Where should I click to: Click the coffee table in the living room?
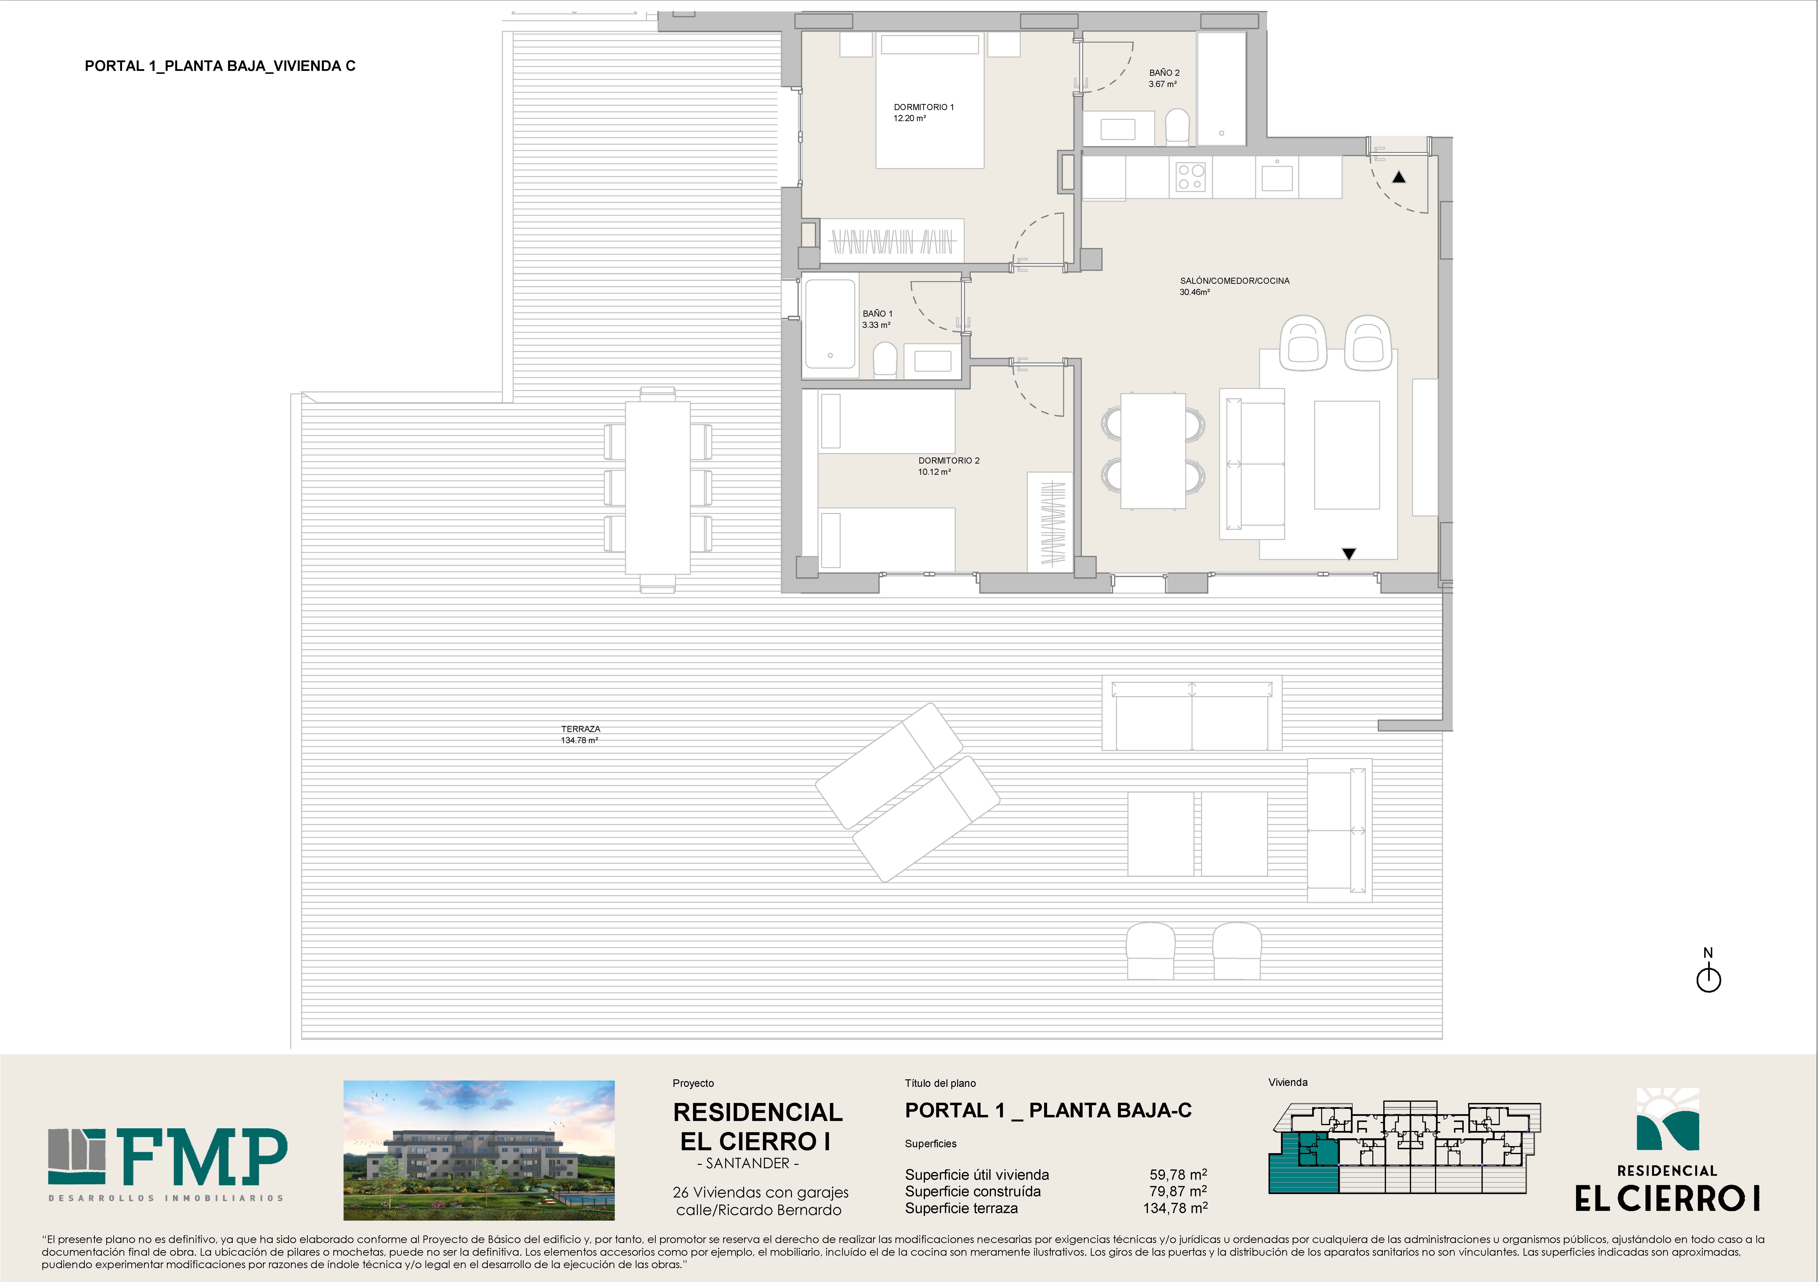point(1347,455)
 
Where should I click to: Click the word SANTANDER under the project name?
point(748,1163)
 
